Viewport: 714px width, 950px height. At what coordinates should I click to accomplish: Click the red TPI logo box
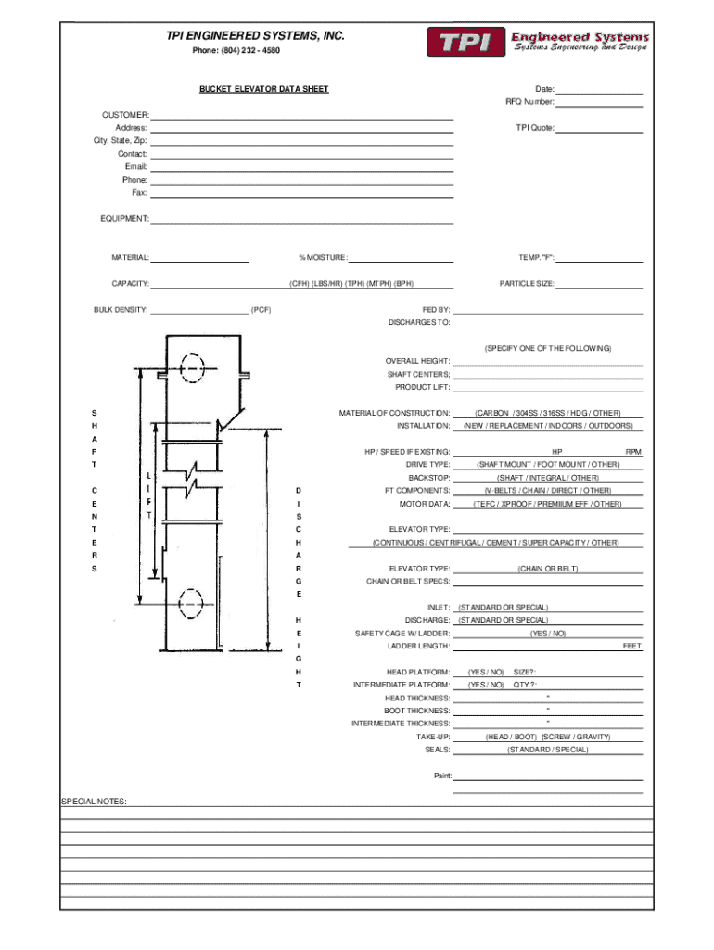[x=465, y=42]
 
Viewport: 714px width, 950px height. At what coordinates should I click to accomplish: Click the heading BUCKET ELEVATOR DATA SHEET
[x=264, y=89]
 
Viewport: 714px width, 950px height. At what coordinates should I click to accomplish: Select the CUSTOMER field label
[x=125, y=114]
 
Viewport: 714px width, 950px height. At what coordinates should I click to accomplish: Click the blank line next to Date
[x=600, y=94]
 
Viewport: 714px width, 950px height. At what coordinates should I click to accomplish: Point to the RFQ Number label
[x=529, y=102]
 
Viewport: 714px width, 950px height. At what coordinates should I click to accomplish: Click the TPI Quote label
[x=535, y=128]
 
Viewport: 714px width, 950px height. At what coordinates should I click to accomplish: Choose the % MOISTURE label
[x=323, y=258]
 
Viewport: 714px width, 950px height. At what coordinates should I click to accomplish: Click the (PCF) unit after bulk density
[x=261, y=310]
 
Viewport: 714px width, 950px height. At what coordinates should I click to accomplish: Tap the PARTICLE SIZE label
[x=527, y=284]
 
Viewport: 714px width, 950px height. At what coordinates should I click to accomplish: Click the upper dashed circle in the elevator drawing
[x=192, y=367]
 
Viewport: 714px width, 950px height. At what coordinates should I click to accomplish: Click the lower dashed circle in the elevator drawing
[x=191, y=603]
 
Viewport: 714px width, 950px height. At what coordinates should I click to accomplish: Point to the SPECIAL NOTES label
[x=94, y=802]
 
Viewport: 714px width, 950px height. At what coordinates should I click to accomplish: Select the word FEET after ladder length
[x=632, y=646]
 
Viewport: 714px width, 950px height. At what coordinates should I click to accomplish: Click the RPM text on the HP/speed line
[x=633, y=452]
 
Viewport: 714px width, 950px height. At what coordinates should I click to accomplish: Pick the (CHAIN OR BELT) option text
[x=548, y=569]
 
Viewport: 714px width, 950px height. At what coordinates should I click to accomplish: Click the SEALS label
[x=438, y=750]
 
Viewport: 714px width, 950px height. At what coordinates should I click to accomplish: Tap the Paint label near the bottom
[x=442, y=776]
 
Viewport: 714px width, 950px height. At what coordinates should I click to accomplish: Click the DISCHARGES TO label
[x=419, y=322]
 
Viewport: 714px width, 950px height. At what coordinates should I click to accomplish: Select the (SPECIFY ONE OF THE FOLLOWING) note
[x=548, y=349]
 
